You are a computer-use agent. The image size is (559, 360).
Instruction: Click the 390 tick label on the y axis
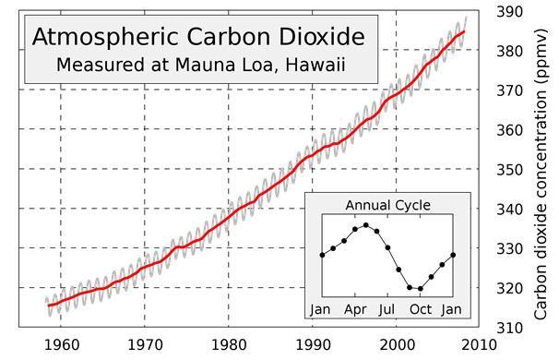click(x=510, y=12)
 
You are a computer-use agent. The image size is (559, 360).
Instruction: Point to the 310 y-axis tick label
click(x=510, y=328)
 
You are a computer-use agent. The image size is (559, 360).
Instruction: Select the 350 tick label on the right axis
click(x=510, y=170)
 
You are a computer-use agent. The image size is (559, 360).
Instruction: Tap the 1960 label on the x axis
click(x=62, y=345)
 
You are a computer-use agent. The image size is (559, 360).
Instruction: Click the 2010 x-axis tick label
click(x=479, y=345)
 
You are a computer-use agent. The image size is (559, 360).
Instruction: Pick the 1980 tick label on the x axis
click(x=229, y=345)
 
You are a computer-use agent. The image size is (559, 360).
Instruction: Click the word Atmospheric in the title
click(x=105, y=38)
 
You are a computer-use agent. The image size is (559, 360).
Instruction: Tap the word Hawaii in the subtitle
click(x=315, y=66)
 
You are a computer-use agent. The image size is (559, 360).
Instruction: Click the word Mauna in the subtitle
click(x=205, y=65)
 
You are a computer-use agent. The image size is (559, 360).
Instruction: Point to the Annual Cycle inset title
click(x=387, y=206)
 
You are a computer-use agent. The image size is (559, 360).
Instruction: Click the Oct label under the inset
click(x=421, y=309)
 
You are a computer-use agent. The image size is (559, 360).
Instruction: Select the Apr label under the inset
click(x=355, y=310)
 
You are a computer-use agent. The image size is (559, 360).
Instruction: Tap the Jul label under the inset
click(x=387, y=309)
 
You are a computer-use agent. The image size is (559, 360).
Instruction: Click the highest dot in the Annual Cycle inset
click(x=366, y=225)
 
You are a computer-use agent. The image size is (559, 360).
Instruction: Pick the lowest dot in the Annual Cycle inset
click(x=421, y=288)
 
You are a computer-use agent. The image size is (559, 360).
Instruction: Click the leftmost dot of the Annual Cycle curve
click(x=322, y=255)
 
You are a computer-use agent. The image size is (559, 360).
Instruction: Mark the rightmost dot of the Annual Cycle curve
click(x=453, y=255)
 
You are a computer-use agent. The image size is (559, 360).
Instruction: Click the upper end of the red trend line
click(x=463, y=31)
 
